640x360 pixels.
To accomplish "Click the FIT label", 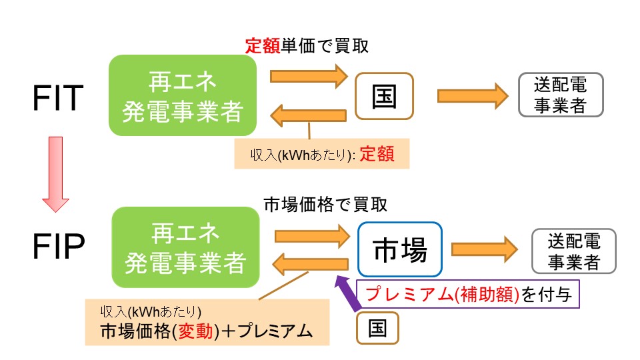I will [58, 99].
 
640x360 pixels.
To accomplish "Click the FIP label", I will [58, 248].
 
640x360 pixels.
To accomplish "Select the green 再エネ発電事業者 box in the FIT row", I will [183, 95].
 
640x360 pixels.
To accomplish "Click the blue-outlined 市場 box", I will [399, 249].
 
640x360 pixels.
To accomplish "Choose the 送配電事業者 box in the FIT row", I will [561, 95].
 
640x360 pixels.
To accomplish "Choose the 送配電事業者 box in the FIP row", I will [574, 251].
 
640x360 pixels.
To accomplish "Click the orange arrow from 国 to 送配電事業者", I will [471, 96].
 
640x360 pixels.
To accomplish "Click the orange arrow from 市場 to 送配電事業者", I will [484, 249].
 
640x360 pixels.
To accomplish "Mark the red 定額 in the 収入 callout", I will [377, 155].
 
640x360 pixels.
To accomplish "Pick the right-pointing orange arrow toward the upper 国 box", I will [309, 75].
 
